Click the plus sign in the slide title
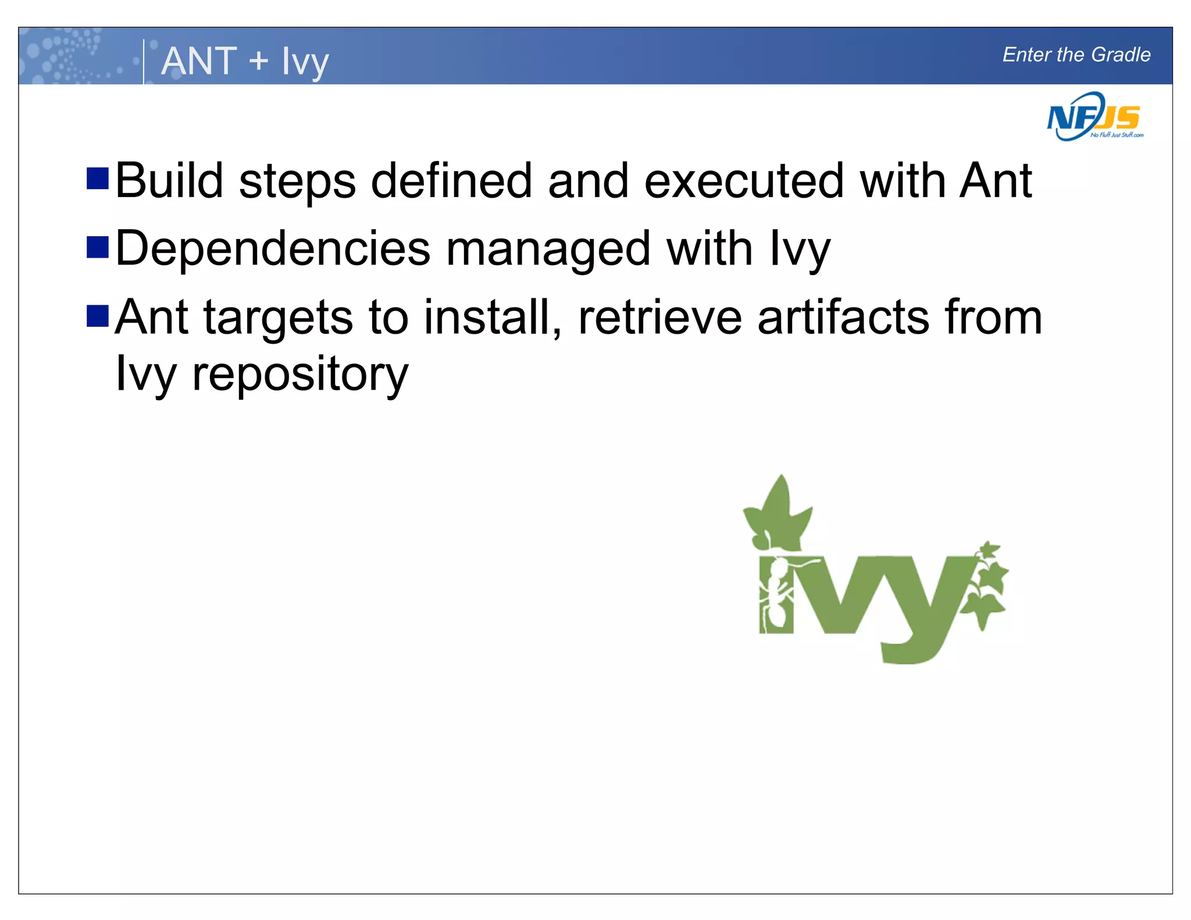(258, 60)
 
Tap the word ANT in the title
(199, 60)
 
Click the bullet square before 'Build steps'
(98, 179)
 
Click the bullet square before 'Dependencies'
(98, 247)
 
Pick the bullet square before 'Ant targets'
(98, 316)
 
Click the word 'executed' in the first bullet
(744, 181)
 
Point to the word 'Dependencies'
(273, 249)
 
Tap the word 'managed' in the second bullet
(548, 249)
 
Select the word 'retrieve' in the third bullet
(660, 318)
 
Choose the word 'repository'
(300, 374)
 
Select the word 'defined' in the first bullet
(451, 181)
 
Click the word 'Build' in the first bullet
(169, 181)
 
